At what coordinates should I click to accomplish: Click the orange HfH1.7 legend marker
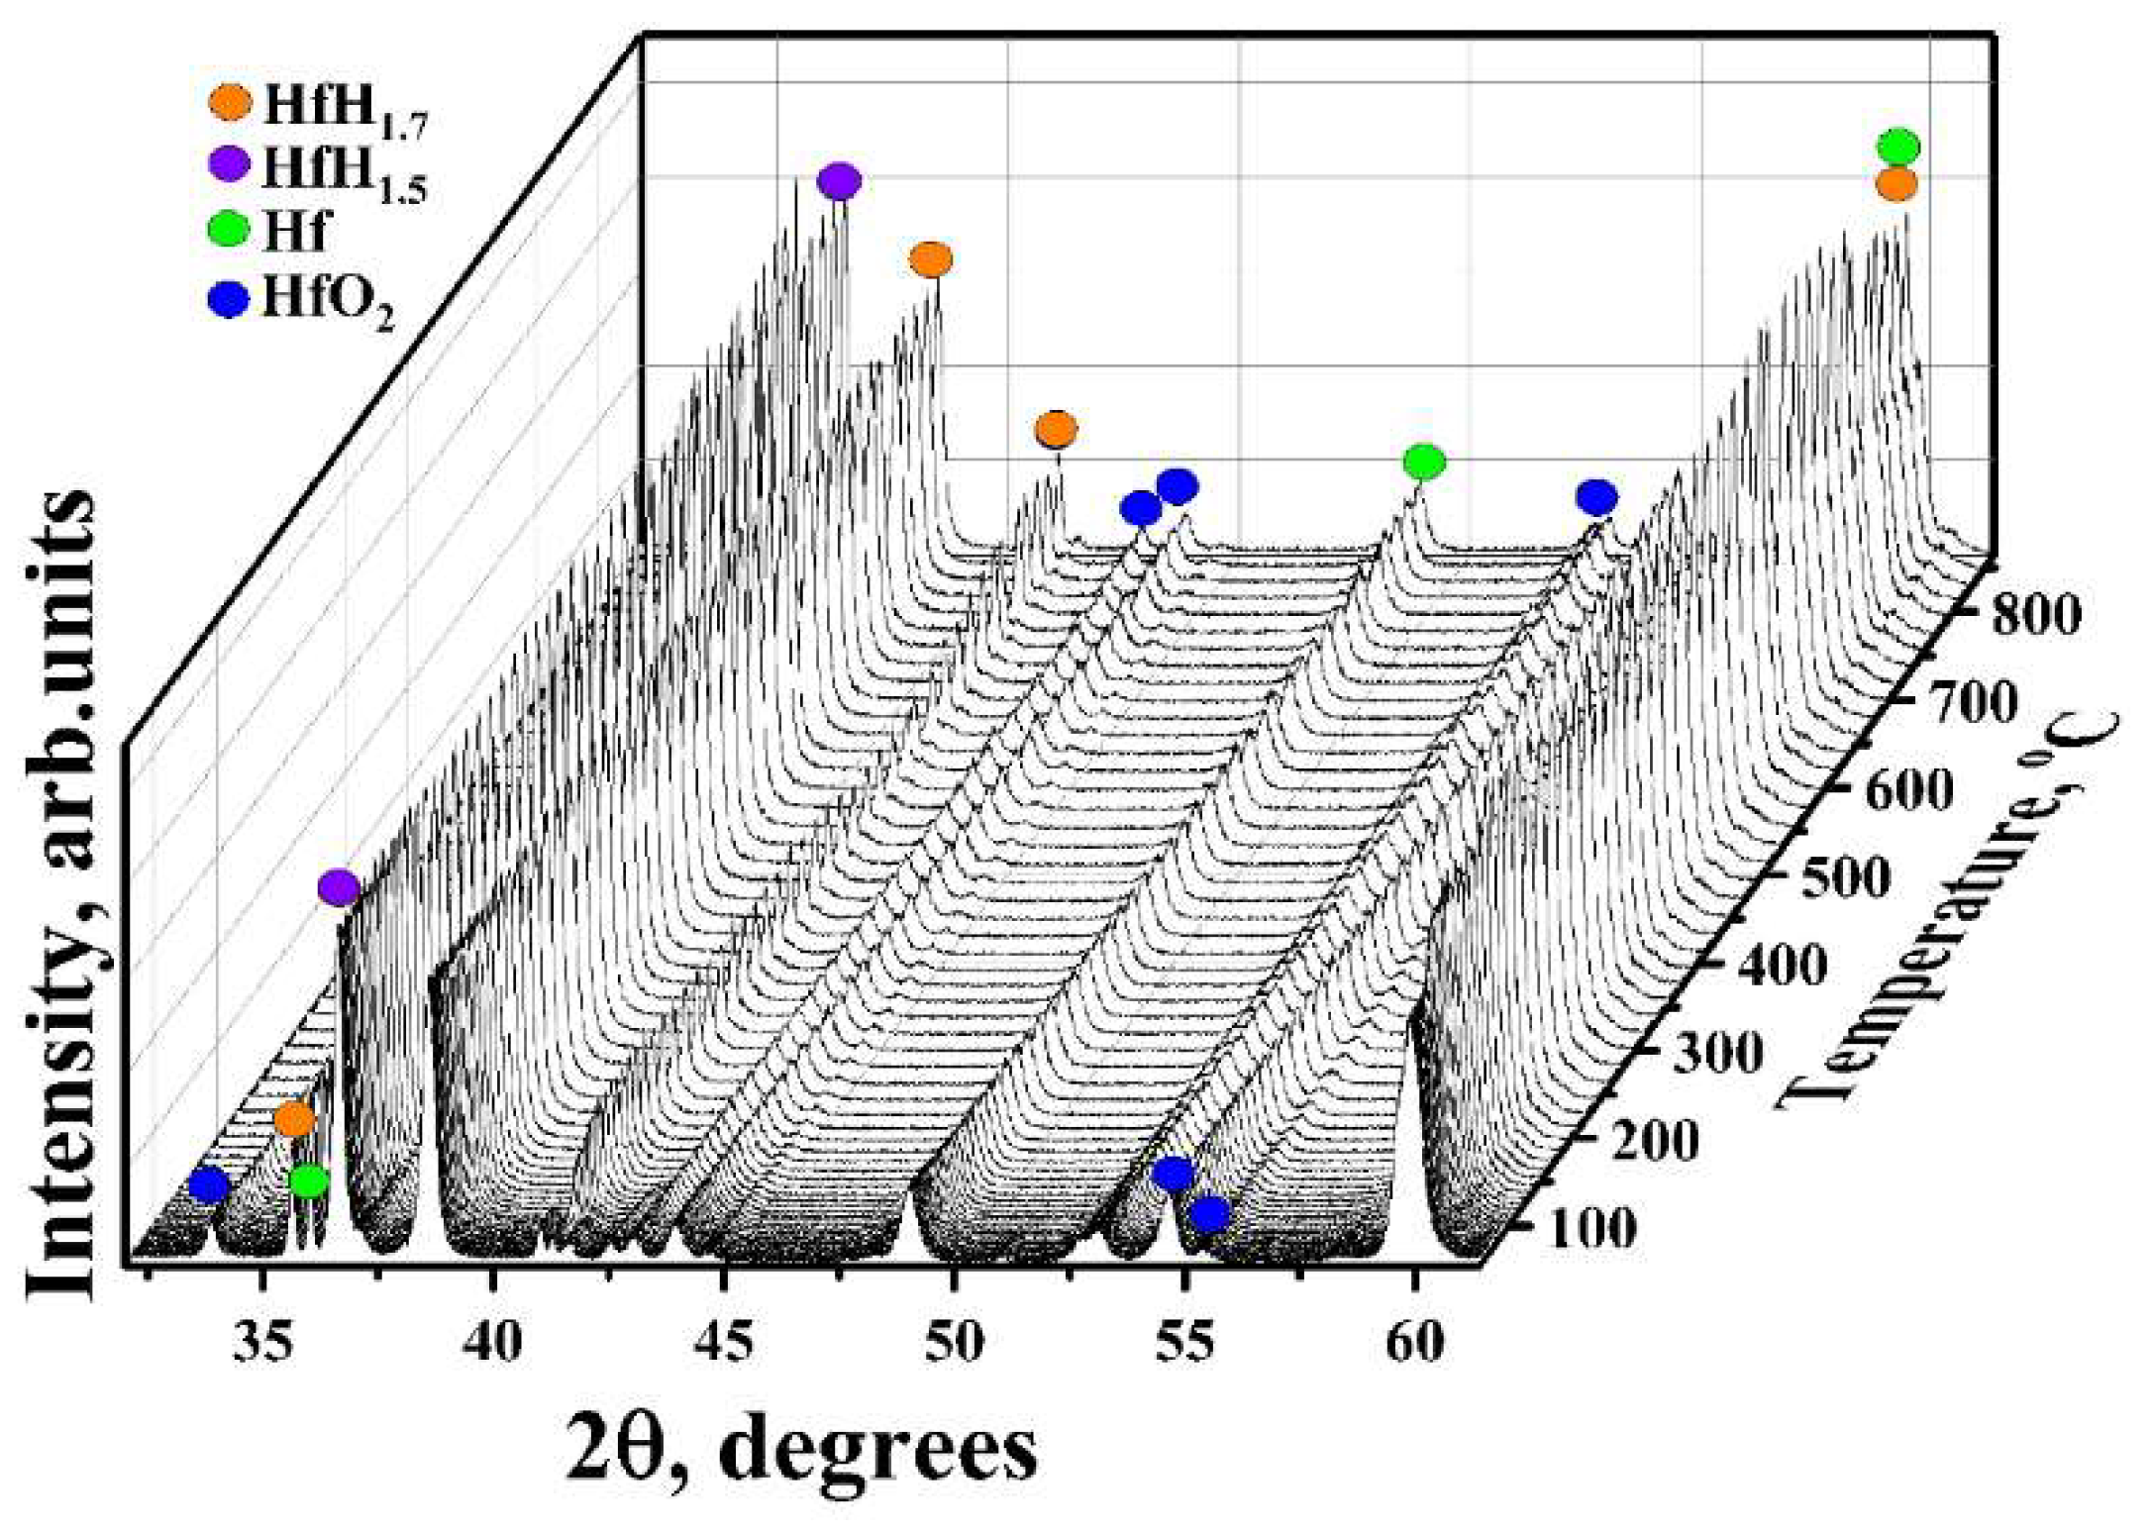click(231, 102)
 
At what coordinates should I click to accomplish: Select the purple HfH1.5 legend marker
click(231, 164)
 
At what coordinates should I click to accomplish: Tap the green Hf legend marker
click(231, 231)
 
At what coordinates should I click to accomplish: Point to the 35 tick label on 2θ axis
click(262, 1343)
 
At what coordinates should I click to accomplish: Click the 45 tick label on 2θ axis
click(724, 1343)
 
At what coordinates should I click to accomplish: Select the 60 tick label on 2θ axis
click(1414, 1343)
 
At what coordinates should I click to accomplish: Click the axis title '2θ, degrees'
click(802, 1449)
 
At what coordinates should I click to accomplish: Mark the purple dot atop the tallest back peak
click(839, 181)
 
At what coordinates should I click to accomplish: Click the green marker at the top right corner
click(1898, 147)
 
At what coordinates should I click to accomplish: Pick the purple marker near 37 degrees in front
click(339, 887)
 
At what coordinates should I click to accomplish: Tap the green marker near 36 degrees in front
click(309, 1180)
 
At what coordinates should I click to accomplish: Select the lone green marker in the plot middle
click(1424, 461)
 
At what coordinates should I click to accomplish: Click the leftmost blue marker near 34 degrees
click(209, 1183)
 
